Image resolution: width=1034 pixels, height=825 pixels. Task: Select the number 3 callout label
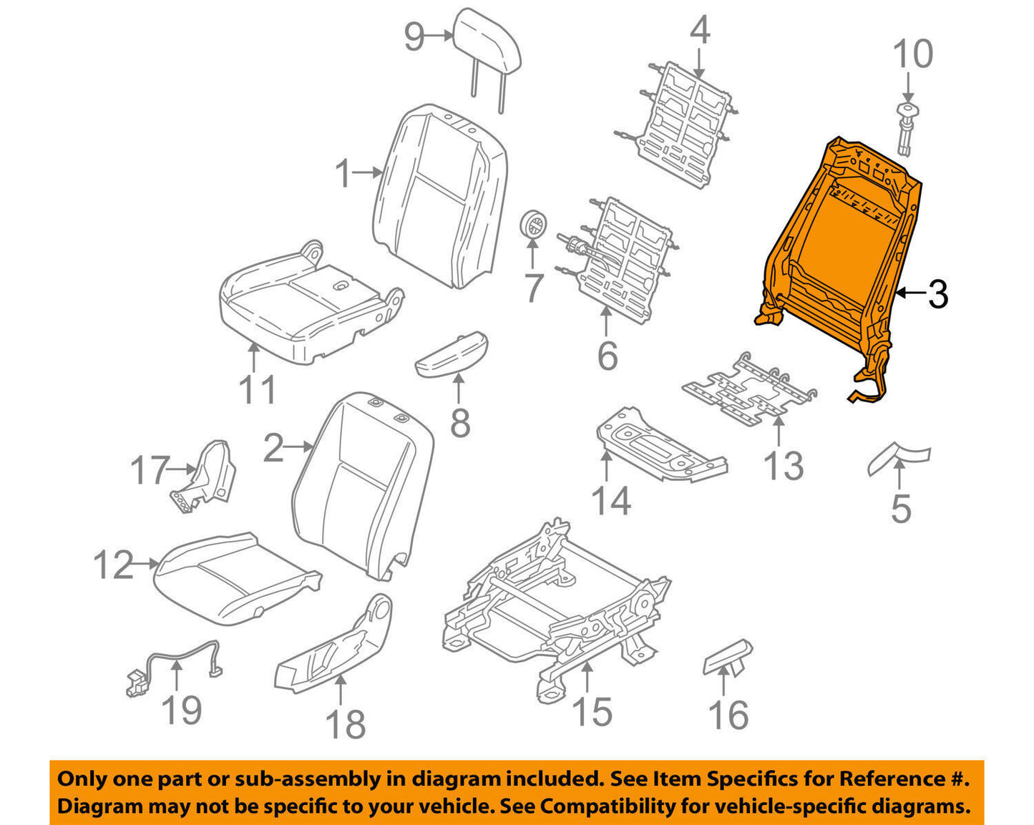pyautogui.click(x=937, y=294)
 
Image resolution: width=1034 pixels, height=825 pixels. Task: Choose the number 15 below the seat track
pyautogui.click(x=593, y=712)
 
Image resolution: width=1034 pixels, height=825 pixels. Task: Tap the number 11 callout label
pyautogui.click(x=257, y=391)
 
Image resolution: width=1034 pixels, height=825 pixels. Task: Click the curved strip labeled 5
pyautogui.click(x=899, y=457)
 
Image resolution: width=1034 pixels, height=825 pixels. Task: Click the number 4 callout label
pyautogui.click(x=700, y=31)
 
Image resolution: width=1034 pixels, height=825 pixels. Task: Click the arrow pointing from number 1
pyautogui.click(x=369, y=172)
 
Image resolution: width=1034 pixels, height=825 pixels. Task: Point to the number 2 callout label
pyautogui.click(x=273, y=449)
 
